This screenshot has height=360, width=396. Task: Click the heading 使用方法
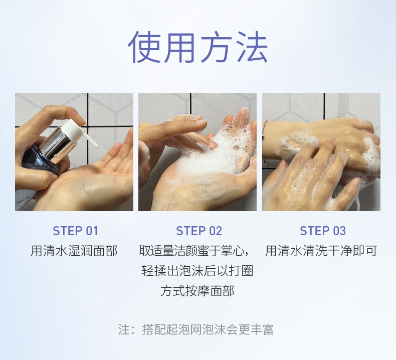pos(197,47)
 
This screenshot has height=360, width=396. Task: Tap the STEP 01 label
pos(75,231)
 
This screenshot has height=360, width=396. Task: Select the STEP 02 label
pos(199,231)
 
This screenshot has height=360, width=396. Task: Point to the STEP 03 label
pos(323,231)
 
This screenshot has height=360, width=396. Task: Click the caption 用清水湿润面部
pos(74,251)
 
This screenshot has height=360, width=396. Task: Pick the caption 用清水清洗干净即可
pos(321,251)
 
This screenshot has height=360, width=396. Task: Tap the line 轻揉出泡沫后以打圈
pos(197,271)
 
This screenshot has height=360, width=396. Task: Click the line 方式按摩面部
pos(197,290)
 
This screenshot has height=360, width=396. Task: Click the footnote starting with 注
pos(195,329)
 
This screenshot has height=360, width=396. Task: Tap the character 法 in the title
pos(252,47)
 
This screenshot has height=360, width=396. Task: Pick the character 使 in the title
pos(144,47)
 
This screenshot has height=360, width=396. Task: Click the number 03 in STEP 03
pos(339,231)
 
